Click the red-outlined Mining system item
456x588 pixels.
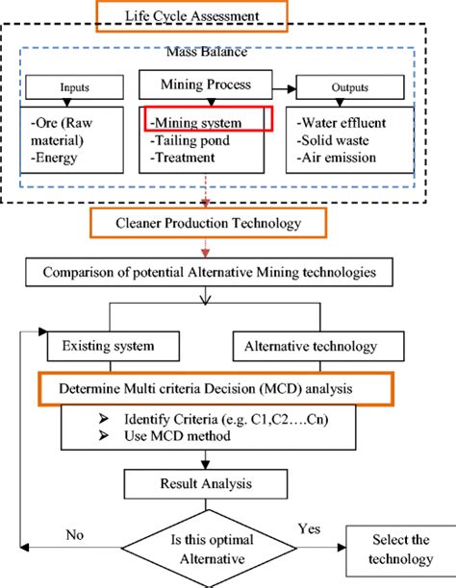(x=209, y=121)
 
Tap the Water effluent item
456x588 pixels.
(x=344, y=122)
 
